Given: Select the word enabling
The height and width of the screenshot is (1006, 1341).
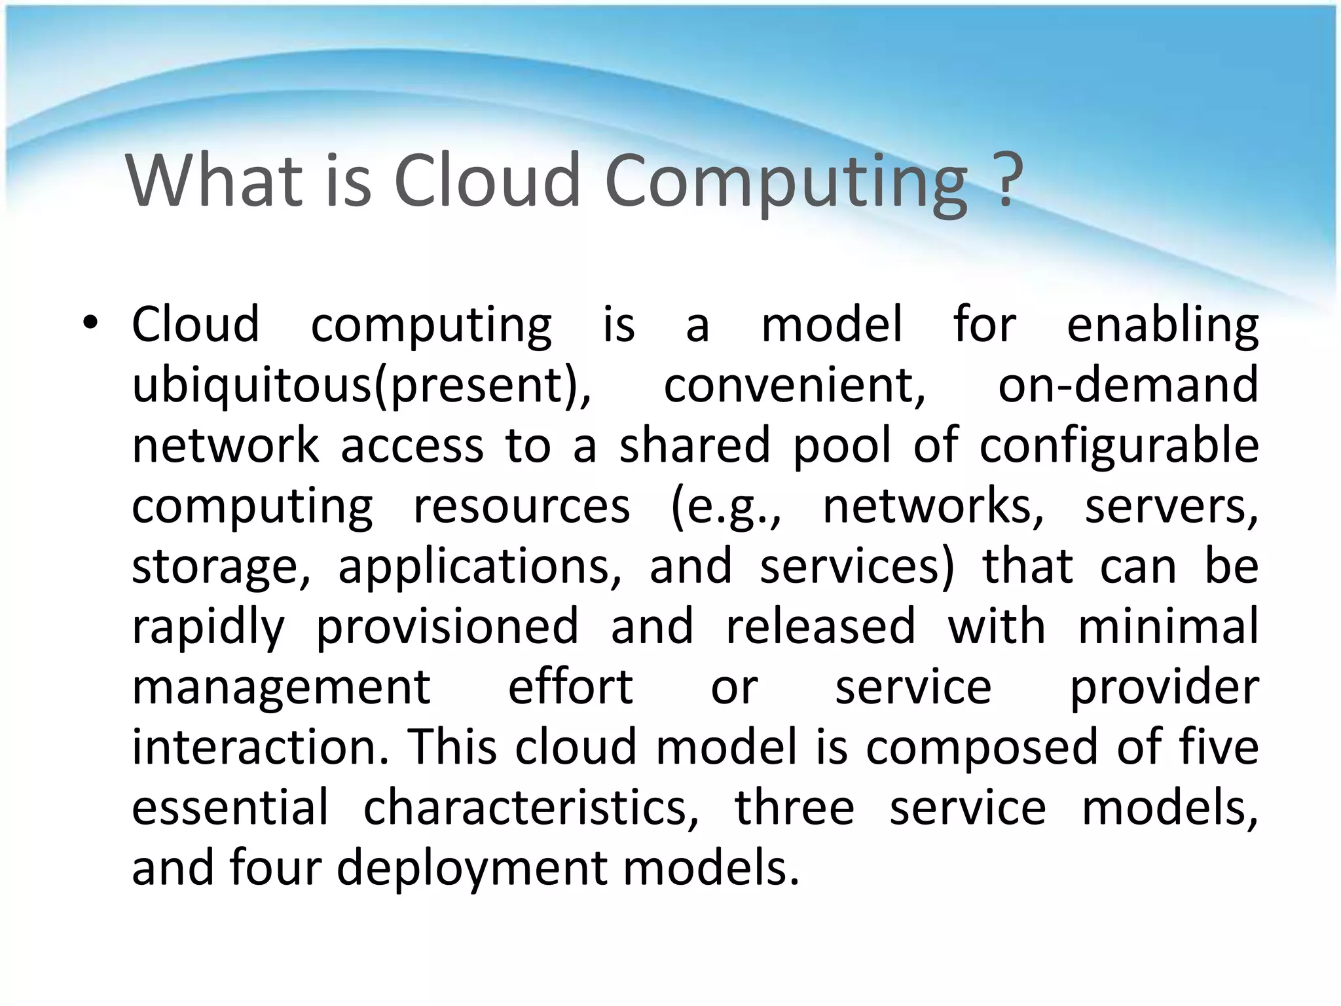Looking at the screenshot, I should (1162, 326).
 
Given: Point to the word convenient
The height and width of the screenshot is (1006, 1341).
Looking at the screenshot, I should (794, 385).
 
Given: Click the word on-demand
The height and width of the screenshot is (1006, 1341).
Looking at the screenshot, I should (1128, 385).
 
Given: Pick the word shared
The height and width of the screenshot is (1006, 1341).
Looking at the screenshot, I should (694, 445).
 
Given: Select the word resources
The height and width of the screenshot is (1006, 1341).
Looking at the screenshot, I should (521, 506).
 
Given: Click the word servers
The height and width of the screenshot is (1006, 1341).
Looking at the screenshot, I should (1171, 506).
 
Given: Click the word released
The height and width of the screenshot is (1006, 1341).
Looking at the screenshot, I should (820, 626).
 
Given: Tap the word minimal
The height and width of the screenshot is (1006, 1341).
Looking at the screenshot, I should (1167, 626).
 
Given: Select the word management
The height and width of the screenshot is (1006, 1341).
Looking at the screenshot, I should (281, 688).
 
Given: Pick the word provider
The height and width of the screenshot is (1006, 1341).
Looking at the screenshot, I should (1164, 688).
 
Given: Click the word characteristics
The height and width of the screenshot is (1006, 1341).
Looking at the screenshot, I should (531, 808).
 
